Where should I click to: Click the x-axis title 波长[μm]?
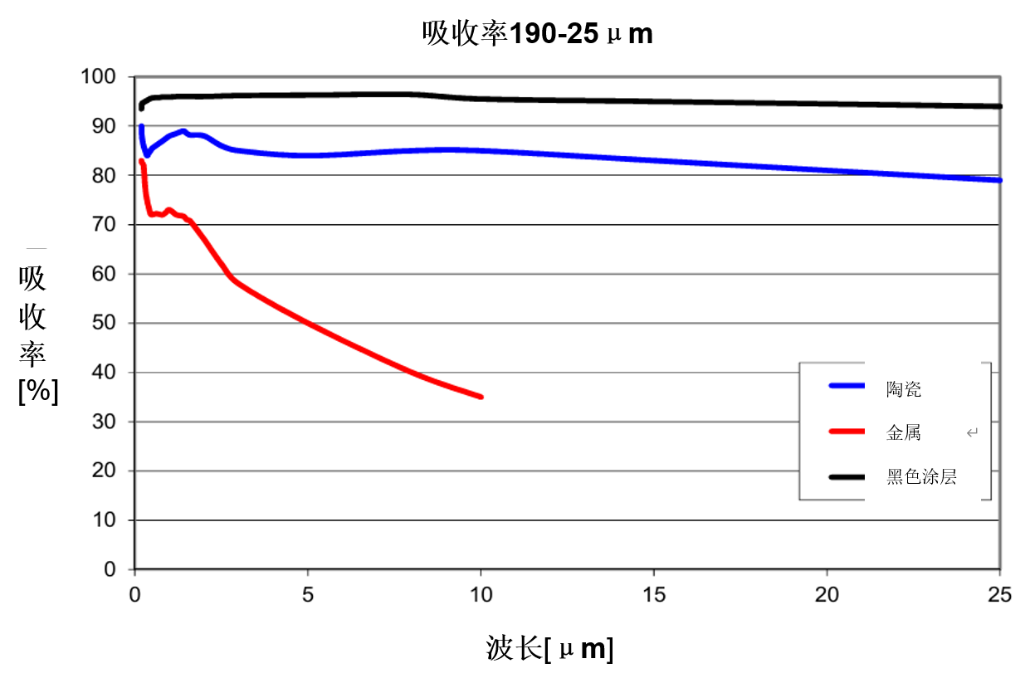click(549, 649)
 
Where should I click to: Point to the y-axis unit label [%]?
click(38, 391)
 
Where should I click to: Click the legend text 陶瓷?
click(903, 389)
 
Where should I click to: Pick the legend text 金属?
click(903, 432)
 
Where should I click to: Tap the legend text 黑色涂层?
click(921, 476)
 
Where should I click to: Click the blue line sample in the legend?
click(847, 386)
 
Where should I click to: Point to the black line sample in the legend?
click(847, 476)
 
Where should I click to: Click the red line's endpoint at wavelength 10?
click(481, 397)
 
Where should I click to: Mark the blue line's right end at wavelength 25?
click(999, 180)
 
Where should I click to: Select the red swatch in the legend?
click(847, 432)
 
